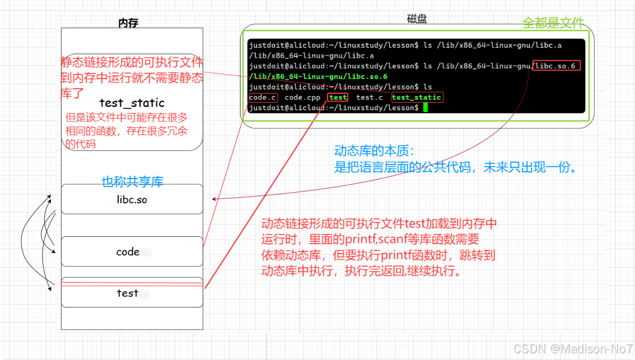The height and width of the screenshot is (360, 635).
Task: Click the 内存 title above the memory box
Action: pos(128,23)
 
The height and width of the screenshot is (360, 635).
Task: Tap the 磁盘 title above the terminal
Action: pos(417,19)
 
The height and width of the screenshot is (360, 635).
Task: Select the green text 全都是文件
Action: pos(553,23)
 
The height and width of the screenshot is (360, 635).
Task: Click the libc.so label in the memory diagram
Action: pos(132,199)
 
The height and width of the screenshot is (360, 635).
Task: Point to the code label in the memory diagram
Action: pos(128,252)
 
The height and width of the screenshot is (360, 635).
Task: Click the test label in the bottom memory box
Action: pos(127,293)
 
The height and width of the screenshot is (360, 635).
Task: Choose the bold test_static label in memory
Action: pos(132,102)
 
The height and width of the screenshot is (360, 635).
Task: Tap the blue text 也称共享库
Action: pos(132,181)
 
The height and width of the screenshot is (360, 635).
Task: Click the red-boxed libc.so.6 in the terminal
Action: pos(556,66)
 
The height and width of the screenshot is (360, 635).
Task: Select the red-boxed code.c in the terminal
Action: pos(263,97)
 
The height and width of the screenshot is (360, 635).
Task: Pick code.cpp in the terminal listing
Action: pos(302,97)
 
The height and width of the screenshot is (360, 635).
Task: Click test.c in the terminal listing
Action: pos(369,97)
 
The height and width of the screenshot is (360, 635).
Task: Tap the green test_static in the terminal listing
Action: pos(416,97)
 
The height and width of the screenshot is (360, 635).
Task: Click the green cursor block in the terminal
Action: pos(425,107)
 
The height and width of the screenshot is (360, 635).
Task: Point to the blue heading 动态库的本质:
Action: pos(375,151)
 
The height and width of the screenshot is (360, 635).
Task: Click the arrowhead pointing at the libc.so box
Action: pos(213,199)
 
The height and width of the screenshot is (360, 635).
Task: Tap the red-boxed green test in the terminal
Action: pos(338,97)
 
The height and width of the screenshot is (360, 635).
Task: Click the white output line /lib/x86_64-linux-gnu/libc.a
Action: pos(311,55)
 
